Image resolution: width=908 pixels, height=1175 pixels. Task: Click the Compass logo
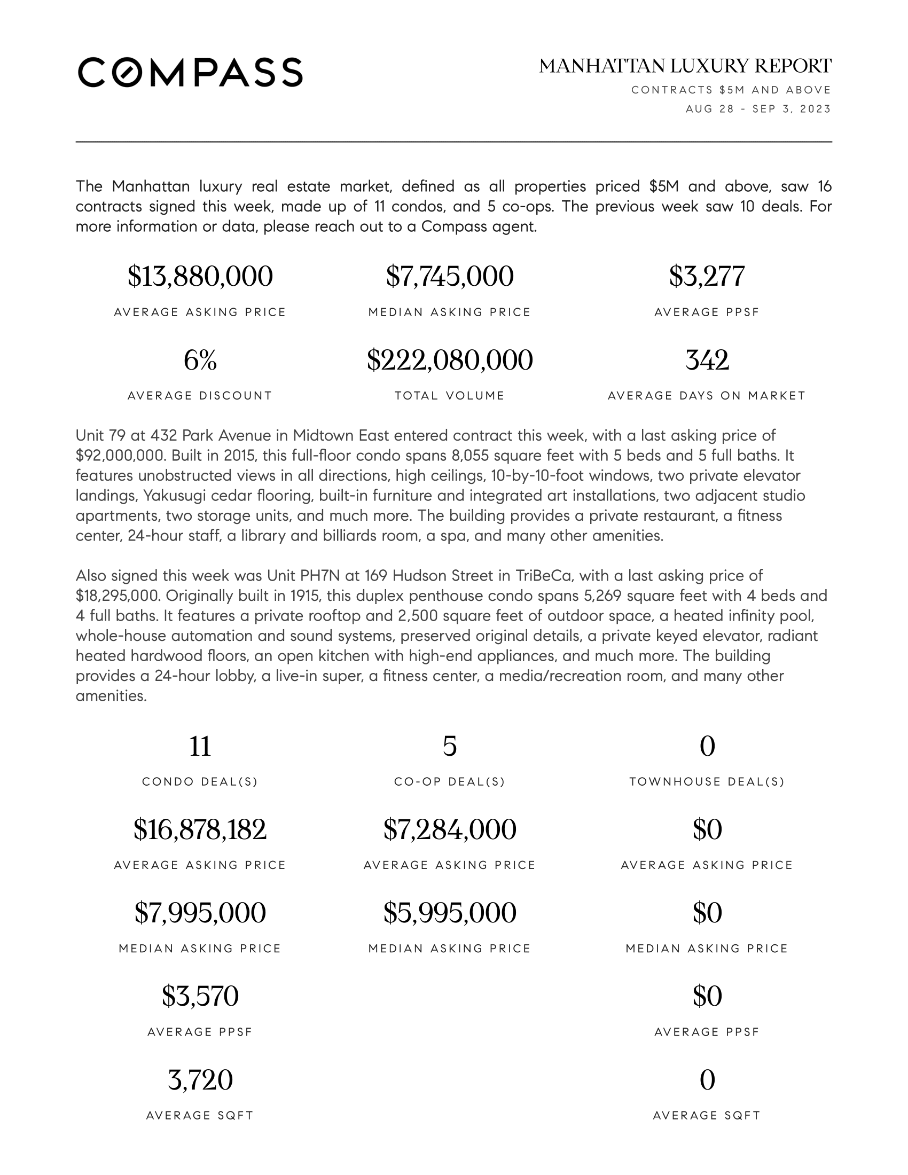tap(190, 72)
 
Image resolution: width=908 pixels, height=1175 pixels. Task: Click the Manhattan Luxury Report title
tap(685, 66)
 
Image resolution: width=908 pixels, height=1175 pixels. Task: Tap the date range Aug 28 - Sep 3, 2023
tap(758, 109)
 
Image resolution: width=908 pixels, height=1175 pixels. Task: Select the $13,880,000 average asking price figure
tap(200, 276)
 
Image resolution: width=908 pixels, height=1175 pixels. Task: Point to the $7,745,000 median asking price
tap(450, 276)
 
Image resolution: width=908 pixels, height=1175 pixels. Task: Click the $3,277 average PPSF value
tap(707, 276)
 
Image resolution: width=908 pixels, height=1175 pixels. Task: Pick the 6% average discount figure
tap(200, 360)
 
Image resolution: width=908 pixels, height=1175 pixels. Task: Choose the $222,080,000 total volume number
tap(450, 360)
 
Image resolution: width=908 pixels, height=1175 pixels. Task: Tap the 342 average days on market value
tap(707, 360)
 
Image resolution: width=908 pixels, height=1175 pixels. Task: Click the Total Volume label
tap(450, 396)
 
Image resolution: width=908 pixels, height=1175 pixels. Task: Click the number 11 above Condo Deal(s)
tap(200, 746)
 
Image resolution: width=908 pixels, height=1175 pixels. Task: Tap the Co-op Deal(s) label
tap(450, 782)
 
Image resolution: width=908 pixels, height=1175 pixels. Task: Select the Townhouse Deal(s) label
tap(707, 782)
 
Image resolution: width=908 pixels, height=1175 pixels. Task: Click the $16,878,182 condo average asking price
tap(200, 829)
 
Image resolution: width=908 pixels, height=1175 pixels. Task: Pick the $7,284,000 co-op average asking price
tap(450, 829)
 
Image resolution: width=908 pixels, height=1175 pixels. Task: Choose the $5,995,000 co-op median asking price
tap(450, 913)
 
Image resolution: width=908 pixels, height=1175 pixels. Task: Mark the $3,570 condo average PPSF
tap(200, 997)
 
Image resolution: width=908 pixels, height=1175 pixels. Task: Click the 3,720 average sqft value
tap(200, 1080)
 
